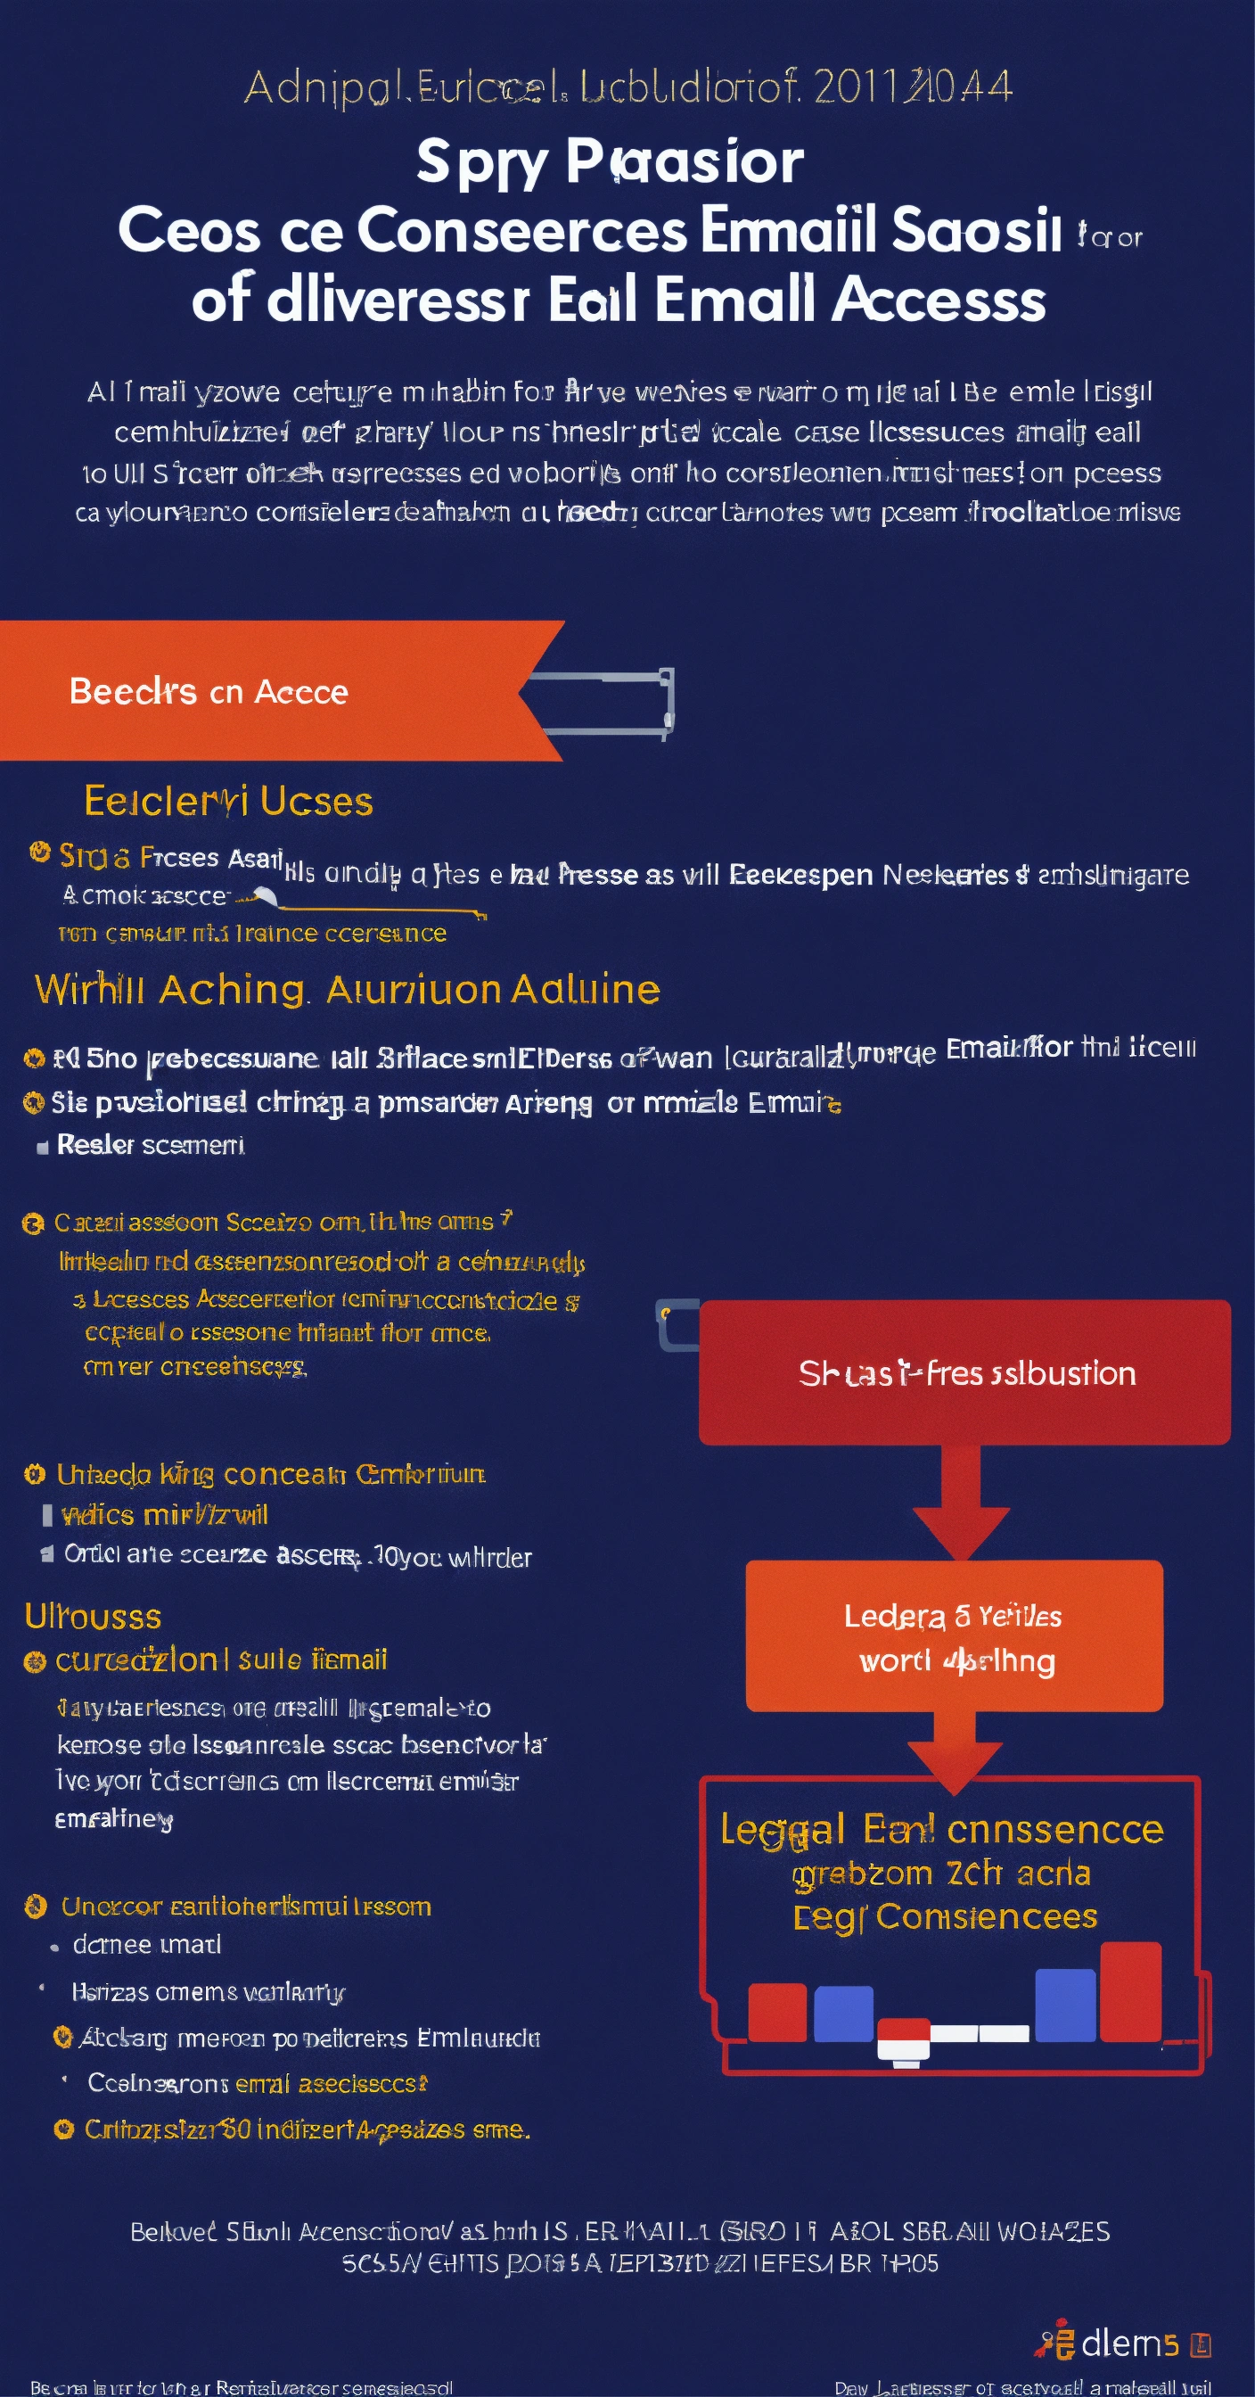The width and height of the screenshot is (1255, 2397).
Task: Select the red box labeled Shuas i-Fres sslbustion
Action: coord(964,1372)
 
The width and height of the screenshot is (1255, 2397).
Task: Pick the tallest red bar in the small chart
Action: coord(1129,1990)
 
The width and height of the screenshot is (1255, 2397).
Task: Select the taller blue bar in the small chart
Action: coord(1064,2005)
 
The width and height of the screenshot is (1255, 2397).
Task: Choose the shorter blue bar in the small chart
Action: coord(843,2014)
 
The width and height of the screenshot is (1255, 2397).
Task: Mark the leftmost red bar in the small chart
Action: coord(777,2012)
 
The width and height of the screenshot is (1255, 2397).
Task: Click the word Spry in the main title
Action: coord(481,162)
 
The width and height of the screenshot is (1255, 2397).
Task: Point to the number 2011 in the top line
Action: coord(857,87)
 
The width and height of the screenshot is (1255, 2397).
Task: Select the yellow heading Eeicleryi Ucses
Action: coord(228,801)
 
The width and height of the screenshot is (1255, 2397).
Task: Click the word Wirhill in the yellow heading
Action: coord(89,989)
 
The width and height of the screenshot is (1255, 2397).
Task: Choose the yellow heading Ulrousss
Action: coord(93,1617)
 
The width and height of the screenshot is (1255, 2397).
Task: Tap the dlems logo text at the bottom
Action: coord(1129,2343)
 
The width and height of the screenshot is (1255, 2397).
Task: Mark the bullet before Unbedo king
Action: coord(35,1474)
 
